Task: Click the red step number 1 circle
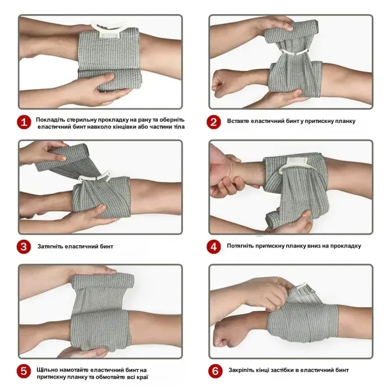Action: (24, 122)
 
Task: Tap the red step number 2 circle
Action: (214, 122)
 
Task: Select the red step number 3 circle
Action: (24, 247)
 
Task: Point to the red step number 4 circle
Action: (214, 247)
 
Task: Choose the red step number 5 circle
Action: (24, 371)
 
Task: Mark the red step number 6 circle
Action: (215, 371)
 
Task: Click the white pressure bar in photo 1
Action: (110, 29)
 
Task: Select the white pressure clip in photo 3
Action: (94, 176)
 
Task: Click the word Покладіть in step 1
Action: (50, 120)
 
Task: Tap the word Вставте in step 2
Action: (237, 121)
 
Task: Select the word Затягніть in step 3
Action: (50, 246)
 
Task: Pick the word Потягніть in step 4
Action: (240, 246)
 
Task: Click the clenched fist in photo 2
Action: (221, 83)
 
